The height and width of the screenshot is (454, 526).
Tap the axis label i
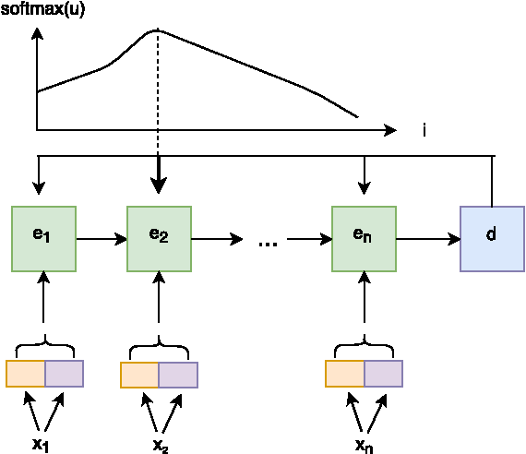(x=424, y=131)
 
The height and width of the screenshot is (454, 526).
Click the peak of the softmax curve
(x=158, y=30)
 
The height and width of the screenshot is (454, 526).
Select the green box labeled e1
(x=43, y=238)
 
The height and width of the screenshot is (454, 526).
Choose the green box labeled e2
(x=159, y=238)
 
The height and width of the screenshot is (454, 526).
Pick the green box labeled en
(x=365, y=238)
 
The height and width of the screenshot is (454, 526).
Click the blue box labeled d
(x=491, y=238)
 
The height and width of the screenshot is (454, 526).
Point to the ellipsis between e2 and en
(x=269, y=243)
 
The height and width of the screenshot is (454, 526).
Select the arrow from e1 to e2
(x=102, y=239)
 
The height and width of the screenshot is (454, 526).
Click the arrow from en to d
(x=428, y=239)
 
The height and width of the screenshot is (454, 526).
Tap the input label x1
(x=42, y=444)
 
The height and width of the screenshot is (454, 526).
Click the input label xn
(x=365, y=444)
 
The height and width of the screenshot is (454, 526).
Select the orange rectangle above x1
(x=25, y=374)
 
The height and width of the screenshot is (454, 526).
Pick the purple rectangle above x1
(x=64, y=374)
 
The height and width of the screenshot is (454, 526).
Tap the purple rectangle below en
(x=383, y=374)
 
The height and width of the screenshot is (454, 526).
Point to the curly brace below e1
(x=43, y=348)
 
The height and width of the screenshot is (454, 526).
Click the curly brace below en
(x=365, y=348)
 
